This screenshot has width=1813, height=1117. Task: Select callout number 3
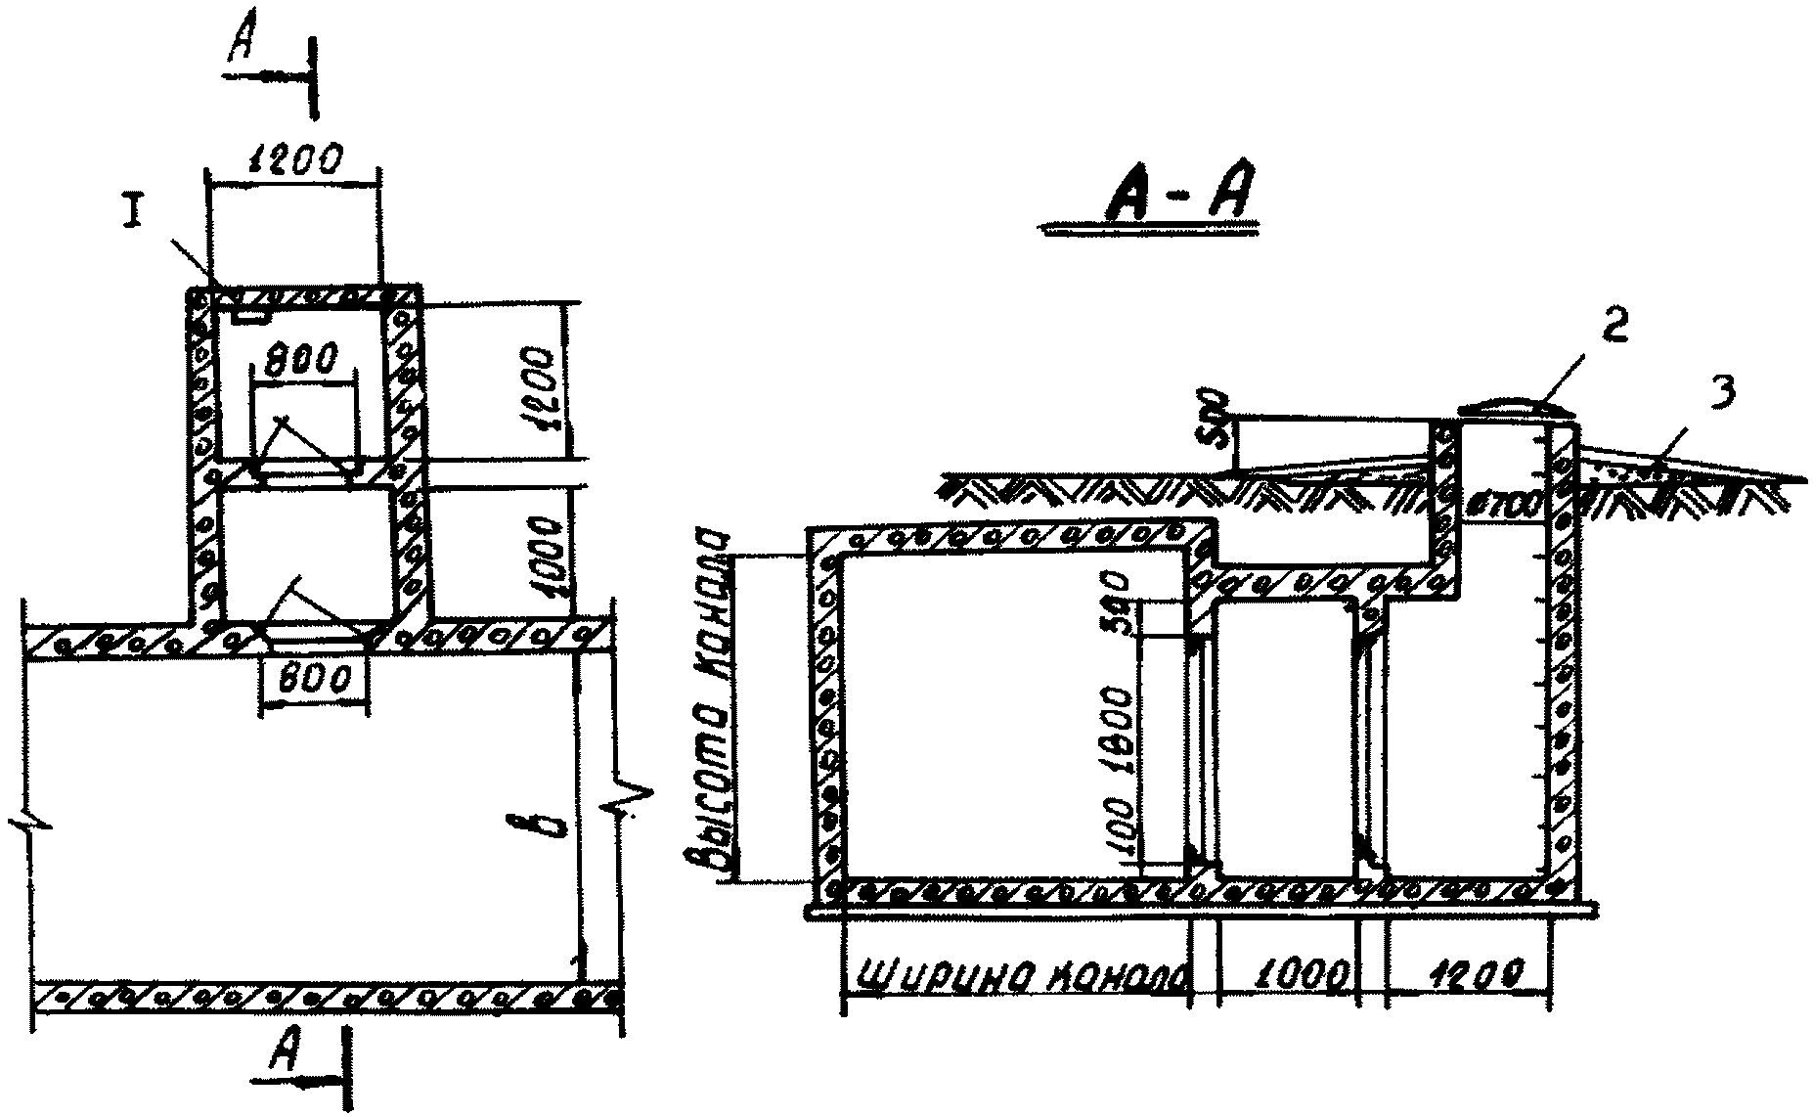click(x=1722, y=392)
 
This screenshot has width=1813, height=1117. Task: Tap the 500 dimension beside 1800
click(x=1121, y=603)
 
